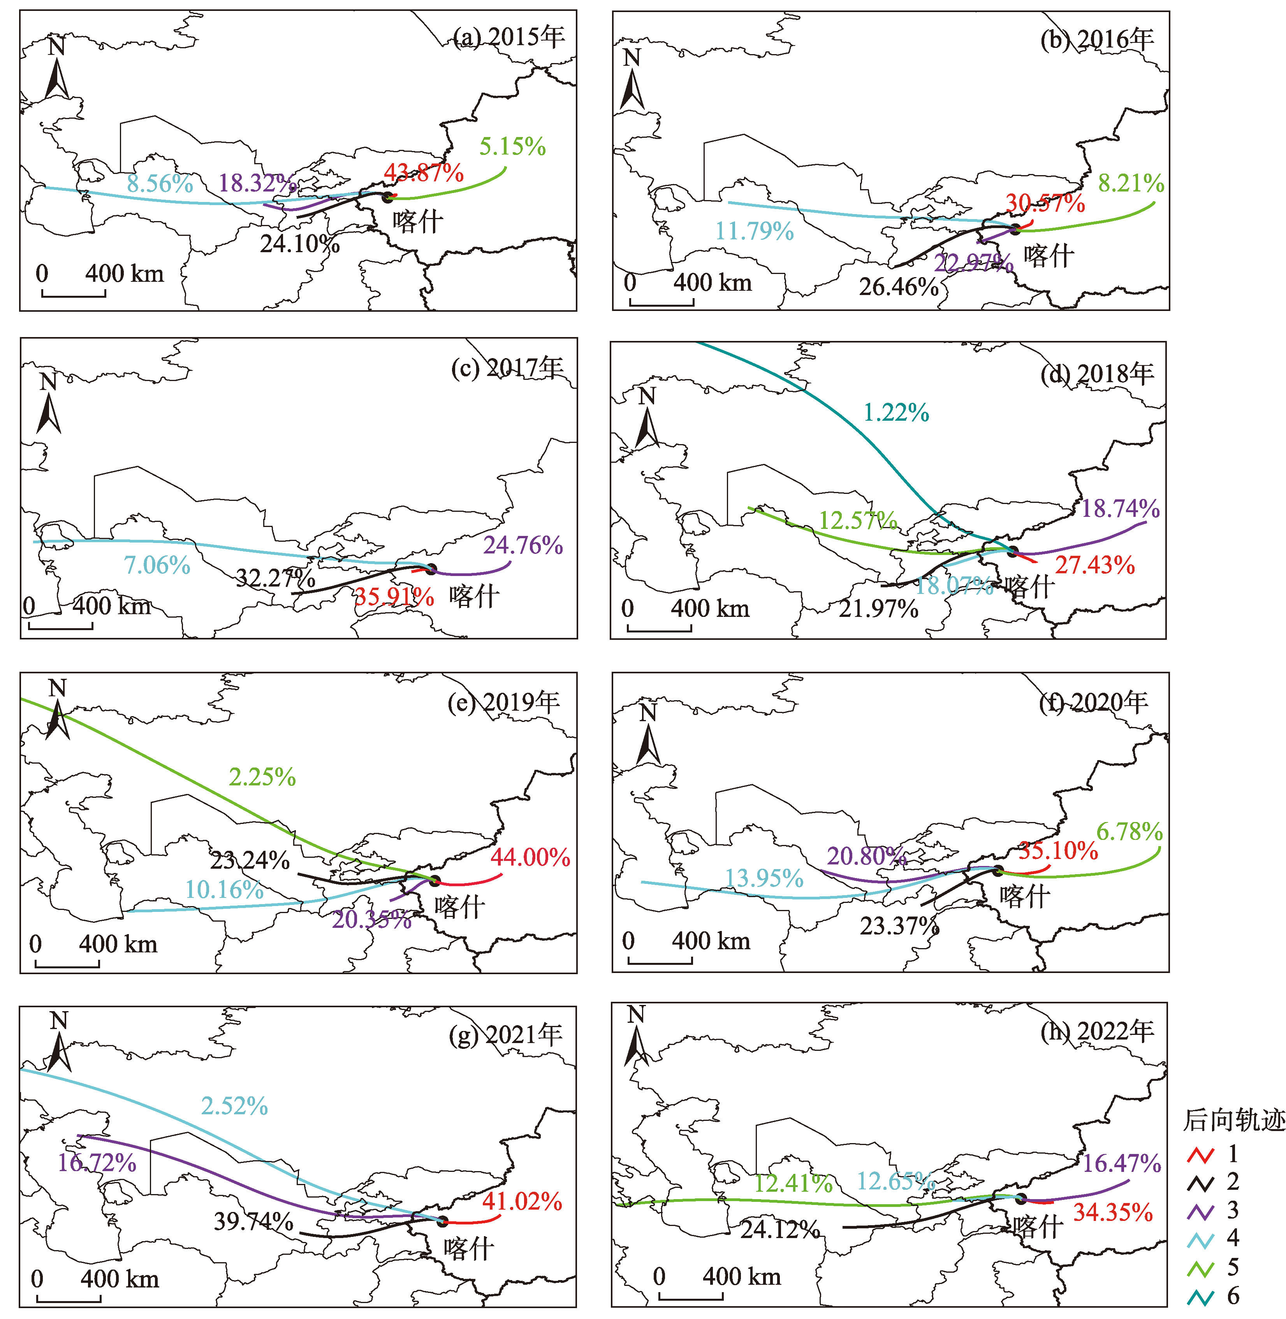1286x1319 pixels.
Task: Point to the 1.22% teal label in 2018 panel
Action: click(896, 413)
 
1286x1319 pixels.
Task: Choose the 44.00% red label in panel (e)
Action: click(530, 857)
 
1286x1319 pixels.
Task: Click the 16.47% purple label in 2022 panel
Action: click(1122, 1163)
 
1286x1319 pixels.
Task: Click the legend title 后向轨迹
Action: click(1233, 1121)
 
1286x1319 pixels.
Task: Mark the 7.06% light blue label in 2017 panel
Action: click(157, 565)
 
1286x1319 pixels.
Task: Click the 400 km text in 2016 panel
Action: click(712, 282)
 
